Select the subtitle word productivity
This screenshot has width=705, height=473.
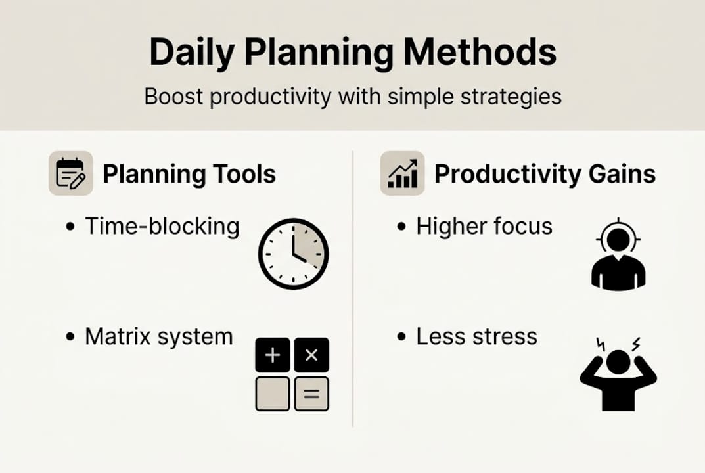[266, 97]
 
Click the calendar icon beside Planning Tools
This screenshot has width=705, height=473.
[70, 173]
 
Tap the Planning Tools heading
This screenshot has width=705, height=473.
[189, 174]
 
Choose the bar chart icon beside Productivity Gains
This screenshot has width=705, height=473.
[402, 173]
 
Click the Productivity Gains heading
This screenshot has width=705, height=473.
[545, 174]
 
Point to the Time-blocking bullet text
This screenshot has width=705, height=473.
[162, 226]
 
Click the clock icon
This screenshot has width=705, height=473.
[292, 253]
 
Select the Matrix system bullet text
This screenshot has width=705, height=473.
[158, 336]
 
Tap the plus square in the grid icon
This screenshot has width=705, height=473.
[273, 355]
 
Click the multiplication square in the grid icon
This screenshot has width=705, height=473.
[311, 355]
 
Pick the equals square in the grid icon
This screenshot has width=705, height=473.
[311, 394]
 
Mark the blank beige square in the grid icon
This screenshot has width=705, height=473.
[273, 394]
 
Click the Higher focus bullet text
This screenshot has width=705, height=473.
[484, 226]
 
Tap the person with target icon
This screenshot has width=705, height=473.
[618, 254]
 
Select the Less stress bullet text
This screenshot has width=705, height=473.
[476, 336]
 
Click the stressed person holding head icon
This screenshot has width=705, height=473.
[618, 374]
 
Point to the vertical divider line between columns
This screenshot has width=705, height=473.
[353, 289]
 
